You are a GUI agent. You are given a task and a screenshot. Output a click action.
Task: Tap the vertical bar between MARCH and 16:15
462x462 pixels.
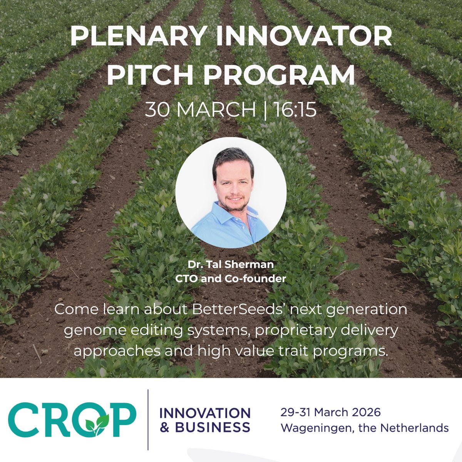click(x=265, y=110)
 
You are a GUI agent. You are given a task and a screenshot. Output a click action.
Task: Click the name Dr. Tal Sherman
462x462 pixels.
click(x=231, y=264)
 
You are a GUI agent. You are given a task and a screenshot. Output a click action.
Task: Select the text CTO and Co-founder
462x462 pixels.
click(x=231, y=279)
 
